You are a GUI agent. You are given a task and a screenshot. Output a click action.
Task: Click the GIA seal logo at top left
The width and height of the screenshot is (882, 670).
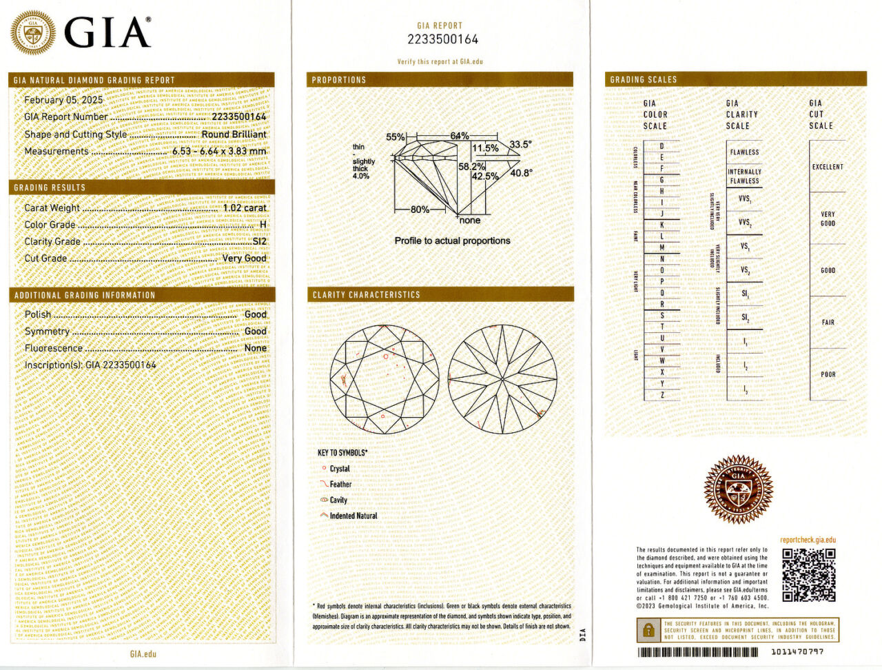pyautogui.click(x=32, y=32)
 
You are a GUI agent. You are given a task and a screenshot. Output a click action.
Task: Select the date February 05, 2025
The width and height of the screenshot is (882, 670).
pyautogui.click(x=63, y=100)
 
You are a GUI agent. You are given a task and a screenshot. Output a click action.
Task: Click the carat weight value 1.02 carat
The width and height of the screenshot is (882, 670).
pyautogui.click(x=245, y=207)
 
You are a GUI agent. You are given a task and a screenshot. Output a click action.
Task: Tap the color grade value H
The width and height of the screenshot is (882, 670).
pyautogui.click(x=263, y=225)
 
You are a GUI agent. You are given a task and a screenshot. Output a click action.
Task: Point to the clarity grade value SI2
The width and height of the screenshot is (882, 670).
pyautogui.click(x=259, y=241)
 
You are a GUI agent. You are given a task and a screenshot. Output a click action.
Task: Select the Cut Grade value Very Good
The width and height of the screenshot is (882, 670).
pyautogui.click(x=244, y=258)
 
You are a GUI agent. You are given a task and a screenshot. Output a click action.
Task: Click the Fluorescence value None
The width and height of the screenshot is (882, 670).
pyautogui.click(x=255, y=348)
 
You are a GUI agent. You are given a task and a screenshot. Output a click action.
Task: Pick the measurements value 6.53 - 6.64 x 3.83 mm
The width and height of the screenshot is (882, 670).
pyautogui.click(x=218, y=151)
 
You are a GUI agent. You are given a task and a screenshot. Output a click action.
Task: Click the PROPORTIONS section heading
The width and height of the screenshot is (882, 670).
pyautogui.click(x=339, y=80)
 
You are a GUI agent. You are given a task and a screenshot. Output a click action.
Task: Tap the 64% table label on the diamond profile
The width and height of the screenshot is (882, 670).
pyautogui.click(x=460, y=136)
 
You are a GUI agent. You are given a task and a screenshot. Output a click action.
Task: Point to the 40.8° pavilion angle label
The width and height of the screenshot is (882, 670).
pyautogui.click(x=521, y=173)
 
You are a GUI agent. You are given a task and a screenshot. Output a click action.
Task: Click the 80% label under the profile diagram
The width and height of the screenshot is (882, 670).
pyautogui.click(x=420, y=210)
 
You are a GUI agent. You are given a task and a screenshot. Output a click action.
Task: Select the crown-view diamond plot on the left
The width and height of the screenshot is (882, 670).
pyautogui.click(x=384, y=379)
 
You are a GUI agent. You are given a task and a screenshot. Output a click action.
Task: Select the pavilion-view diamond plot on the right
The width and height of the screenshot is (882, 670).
pyautogui.click(x=502, y=379)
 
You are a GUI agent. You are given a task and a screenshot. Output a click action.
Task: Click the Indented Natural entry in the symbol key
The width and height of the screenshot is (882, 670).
pyautogui.click(x=353, y=516)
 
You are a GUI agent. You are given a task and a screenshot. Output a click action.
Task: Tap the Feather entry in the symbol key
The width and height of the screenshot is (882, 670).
pyautogui.click(x=340, y=485)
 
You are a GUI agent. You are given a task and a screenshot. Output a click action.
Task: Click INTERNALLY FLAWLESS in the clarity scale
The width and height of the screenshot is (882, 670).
pyautogui.click(x=744, y=176)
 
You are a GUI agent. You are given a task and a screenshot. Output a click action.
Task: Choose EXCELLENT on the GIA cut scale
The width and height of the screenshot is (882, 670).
pyautogui.click(x=828, y=167)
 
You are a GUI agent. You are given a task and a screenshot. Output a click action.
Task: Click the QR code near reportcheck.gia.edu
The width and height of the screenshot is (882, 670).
pyautogui.click(x=808, y=575)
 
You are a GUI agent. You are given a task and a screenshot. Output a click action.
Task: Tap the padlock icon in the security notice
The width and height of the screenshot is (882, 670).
pyautogui.click(x=648, y=630)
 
